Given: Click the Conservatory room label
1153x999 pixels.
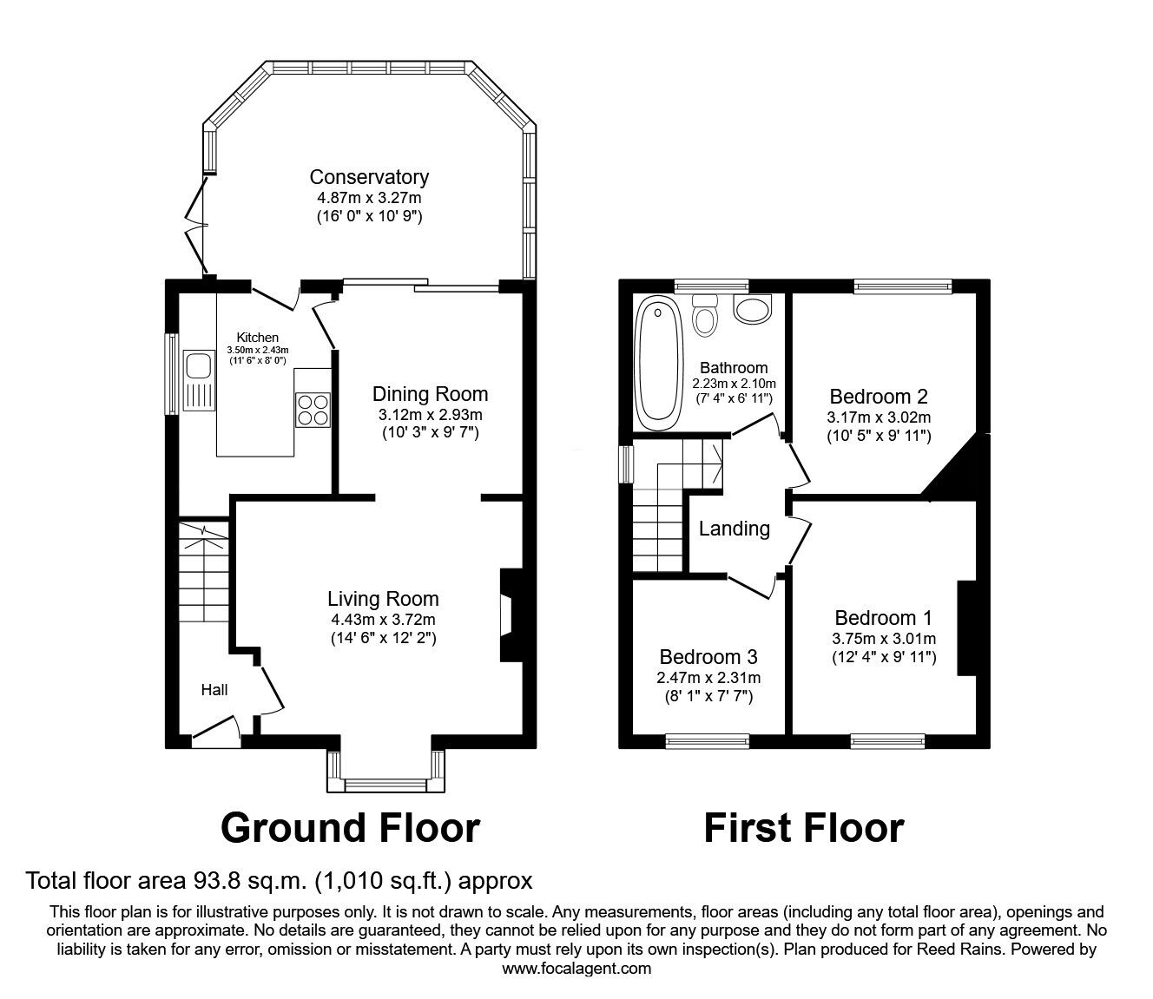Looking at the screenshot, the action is pos(369,177).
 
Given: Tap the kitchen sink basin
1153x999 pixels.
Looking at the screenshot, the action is pos(198,365).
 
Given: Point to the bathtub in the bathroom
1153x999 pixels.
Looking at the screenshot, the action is pos(659,363).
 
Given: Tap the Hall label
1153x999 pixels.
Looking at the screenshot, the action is pos(214,690).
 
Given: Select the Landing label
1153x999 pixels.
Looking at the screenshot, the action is pos(734,529).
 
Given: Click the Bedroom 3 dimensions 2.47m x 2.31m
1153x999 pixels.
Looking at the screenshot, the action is pos(708,678).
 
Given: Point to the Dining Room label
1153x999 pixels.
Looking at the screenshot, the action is pos(430,394).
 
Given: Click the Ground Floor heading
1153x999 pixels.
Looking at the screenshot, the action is pos(350,828).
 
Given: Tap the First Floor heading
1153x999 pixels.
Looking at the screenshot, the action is pos(804,828).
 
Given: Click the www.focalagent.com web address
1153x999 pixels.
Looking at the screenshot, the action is pos(576,969).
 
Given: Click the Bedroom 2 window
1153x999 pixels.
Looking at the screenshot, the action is pos(903,286).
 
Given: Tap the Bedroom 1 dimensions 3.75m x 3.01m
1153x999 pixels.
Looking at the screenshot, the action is pos(884,639).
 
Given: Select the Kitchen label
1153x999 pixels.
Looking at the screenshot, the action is pos(258,338).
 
